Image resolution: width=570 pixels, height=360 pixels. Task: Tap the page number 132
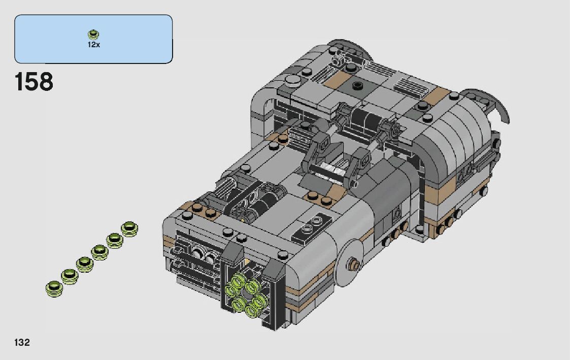[x=22, y=342]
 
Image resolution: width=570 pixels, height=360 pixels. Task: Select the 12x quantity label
[x=93, y=45]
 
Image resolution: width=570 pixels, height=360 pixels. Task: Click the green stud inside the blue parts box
[x=93, y=34]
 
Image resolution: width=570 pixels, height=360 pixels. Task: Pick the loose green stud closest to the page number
[x=54, y=288]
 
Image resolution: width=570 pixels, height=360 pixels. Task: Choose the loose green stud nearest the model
[x=129, y=229]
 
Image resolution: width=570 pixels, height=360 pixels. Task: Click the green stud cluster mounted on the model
[x=244, y=295]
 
